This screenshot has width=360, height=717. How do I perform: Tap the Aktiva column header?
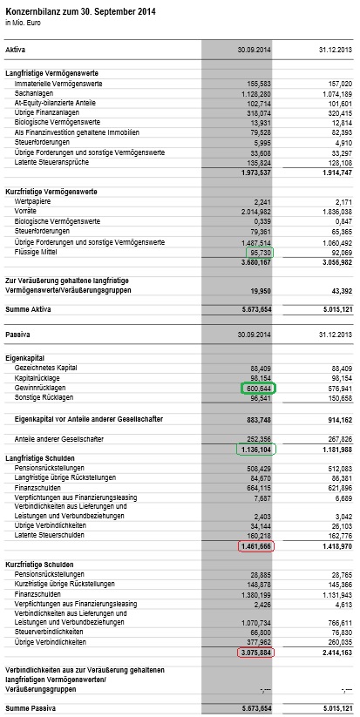[16, 51]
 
